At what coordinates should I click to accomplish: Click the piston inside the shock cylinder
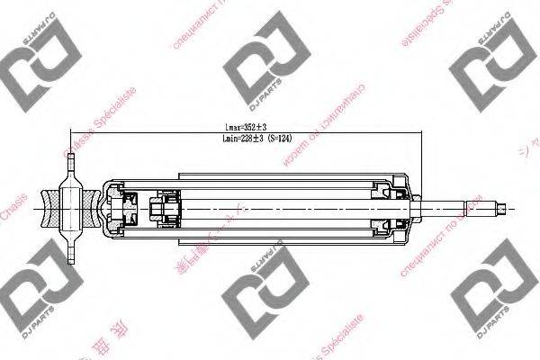point(164,210)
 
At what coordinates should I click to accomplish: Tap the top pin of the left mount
point(70,166)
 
